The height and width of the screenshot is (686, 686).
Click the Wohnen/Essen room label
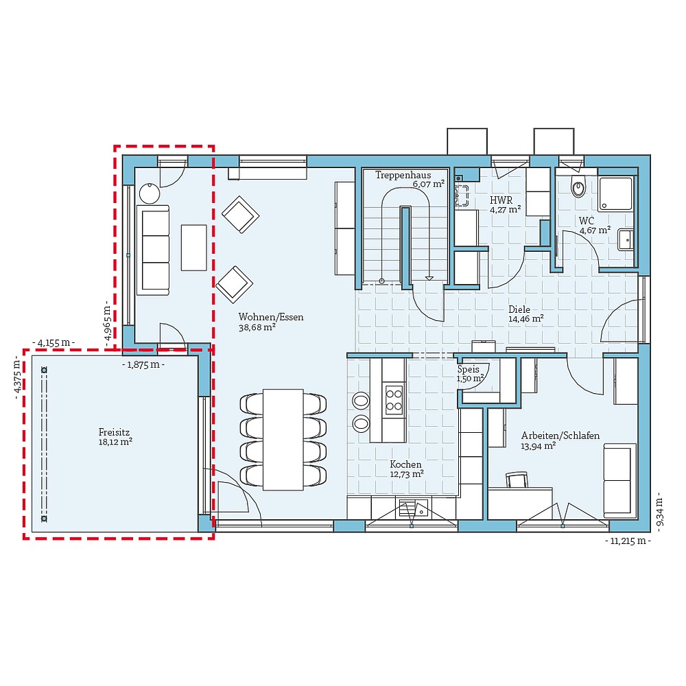point(270,317)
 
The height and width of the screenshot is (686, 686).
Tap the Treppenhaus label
point(403,176)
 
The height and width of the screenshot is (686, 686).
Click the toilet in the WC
point(579,186)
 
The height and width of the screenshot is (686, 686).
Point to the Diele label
point(519,309)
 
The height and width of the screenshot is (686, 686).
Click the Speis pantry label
point(469,369)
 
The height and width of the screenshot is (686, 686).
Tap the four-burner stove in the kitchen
point(394,400)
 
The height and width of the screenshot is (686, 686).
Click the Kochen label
point(405,464)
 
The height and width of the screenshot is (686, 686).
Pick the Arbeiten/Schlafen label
point(560,436)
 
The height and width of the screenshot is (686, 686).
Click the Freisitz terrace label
point(114,433)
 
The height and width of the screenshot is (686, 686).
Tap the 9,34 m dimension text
point(659,510)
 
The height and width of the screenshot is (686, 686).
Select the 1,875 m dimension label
point(143,364)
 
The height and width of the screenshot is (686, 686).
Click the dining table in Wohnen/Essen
point(283,439)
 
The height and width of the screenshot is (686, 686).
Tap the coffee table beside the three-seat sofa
point(193,247)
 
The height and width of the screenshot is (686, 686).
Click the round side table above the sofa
point(149,194)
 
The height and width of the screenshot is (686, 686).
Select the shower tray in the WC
point(615,193)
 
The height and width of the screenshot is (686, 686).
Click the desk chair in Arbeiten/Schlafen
point(519,480)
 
